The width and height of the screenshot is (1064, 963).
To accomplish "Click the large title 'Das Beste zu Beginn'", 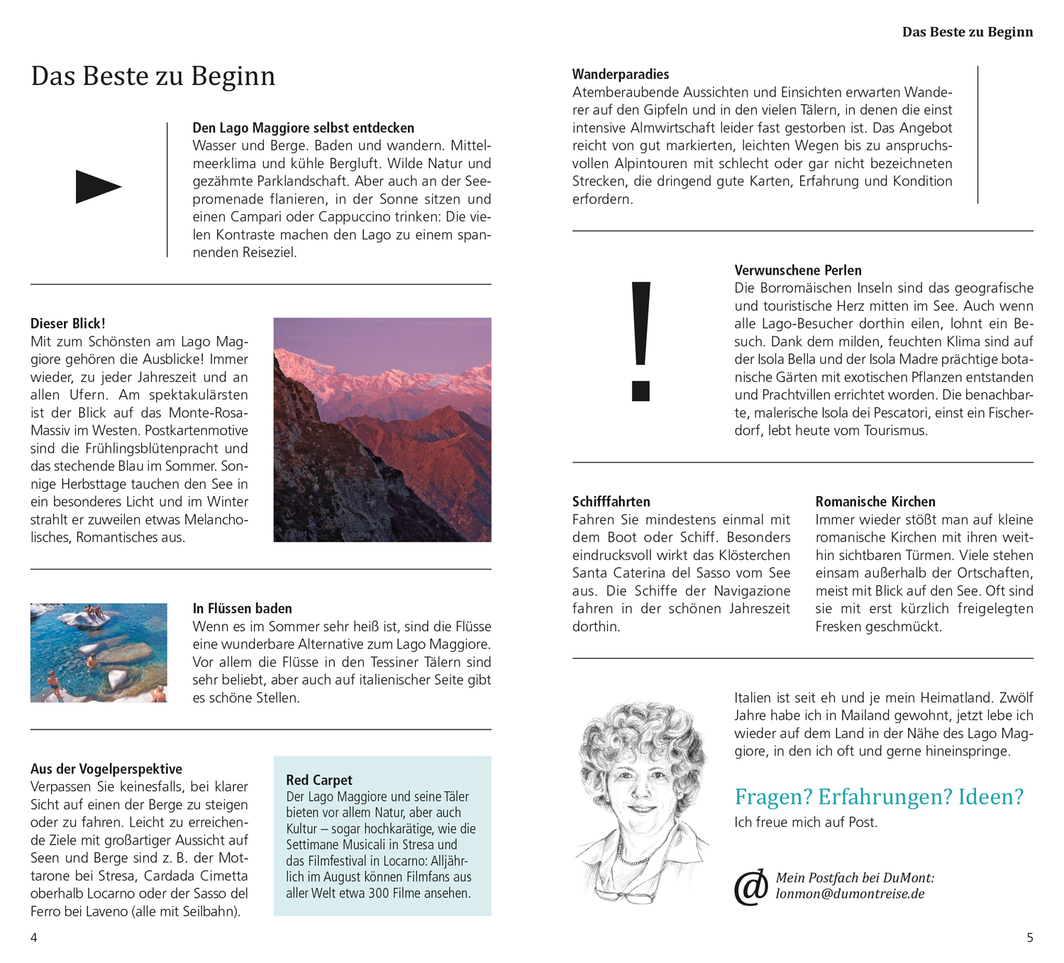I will point(153,77).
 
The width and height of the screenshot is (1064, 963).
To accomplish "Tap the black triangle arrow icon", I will point(98,187).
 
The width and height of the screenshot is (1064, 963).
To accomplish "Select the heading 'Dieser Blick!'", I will point(68,324).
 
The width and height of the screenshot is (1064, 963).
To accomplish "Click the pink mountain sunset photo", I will point(382,429).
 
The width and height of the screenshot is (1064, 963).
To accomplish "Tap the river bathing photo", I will point(99,652).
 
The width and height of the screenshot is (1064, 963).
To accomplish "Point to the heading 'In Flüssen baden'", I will point(242,608).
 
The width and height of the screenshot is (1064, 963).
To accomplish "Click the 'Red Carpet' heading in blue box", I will point(319,780).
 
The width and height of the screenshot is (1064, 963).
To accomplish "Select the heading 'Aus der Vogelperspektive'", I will point(106,769).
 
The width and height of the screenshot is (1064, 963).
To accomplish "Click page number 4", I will point(34,937).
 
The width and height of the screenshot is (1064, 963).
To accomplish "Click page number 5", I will point(1030,937).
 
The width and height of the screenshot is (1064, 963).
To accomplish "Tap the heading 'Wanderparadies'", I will point(621,74).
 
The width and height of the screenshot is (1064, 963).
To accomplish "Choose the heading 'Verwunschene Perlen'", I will point(798,270).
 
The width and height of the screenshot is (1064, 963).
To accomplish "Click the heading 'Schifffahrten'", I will point(611,502).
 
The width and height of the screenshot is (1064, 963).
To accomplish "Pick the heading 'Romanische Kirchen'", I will point(875,502).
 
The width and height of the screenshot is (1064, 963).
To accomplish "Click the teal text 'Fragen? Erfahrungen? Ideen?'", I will point(879,797).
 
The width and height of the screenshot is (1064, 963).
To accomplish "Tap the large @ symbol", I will point(751,886).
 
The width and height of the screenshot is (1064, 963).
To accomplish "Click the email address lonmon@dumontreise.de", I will point(850,894).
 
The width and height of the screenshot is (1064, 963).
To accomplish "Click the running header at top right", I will point(968,32).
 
